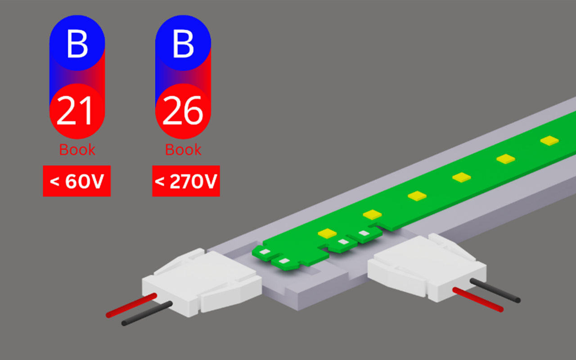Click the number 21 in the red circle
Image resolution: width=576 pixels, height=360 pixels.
74,110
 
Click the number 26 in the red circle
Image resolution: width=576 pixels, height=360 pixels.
183,110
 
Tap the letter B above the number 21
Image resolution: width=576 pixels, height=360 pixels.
77,44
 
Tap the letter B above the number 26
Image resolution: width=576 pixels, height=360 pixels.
183,44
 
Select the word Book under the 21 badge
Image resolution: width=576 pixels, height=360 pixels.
77,149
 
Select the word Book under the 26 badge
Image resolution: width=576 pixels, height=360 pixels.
183,149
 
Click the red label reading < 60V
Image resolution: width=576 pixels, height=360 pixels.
76,181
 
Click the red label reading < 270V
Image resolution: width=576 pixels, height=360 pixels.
186,181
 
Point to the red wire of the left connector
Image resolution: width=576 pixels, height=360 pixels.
131,306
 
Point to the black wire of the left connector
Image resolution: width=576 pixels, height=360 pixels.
147,314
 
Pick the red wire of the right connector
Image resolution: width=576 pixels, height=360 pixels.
478,300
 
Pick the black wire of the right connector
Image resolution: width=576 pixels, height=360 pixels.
495,291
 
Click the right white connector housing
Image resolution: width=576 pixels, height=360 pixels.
427,267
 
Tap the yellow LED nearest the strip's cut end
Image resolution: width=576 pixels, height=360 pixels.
327,233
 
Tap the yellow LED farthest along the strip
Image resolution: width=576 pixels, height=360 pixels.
549,140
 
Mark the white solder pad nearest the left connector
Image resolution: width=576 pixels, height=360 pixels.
284,261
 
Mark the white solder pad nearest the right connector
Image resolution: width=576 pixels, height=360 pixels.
364,233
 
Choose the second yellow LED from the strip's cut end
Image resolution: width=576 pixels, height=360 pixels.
372,215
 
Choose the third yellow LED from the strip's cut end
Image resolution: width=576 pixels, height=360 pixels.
417,196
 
